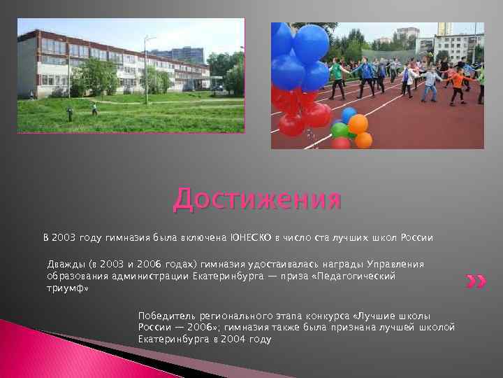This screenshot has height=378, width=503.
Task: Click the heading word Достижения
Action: pyautogui.click(x=258, y=199)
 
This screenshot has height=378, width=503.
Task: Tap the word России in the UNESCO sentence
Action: pyautogui.click(x=416, y=238)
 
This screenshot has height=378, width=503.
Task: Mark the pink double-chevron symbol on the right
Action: pyautogui.click(x=475, y=282)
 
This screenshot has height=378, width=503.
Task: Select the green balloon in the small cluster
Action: pyautogui.click(x=340, y=129)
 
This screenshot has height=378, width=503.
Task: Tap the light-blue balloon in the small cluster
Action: pyautogui.click(x=349, y=114)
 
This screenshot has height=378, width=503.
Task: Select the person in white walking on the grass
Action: pyautogui.click(x=94, y=108)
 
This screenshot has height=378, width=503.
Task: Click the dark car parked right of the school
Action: pyautogui.click(x=219, y=89)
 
